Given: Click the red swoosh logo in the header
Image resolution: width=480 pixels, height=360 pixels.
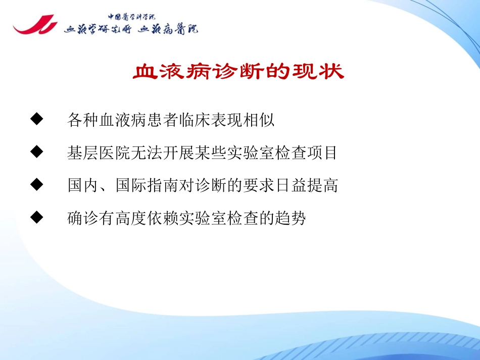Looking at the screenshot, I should [34, 25].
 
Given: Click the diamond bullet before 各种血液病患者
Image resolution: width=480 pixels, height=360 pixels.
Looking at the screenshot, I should [36, 120].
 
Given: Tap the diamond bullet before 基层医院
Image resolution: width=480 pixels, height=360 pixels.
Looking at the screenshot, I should [36, 152].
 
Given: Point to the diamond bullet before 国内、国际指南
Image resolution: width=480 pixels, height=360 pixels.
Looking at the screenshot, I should [36, 185].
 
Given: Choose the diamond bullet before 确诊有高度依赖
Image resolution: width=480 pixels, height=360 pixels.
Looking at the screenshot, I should [36, 218].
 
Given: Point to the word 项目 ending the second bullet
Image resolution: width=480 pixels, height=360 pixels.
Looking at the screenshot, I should [325, 153].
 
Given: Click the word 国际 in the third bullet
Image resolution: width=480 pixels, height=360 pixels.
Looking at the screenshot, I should [128, 186].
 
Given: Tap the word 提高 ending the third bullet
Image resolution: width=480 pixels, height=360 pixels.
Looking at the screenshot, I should [325, 186].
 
